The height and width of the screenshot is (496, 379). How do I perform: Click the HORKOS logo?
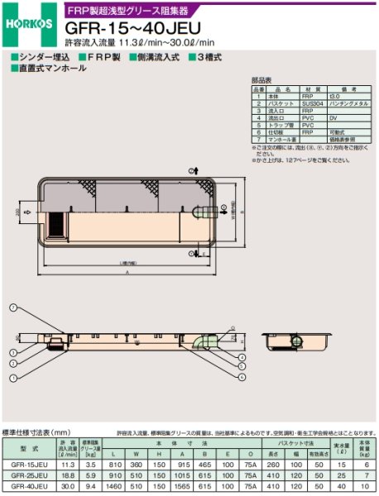tap(25, 23)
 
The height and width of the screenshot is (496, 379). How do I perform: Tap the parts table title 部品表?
tap(261, 80)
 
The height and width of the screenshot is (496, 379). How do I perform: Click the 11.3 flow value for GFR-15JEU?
tap(69, 465)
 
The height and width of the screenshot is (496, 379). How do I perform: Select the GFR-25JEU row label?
tap(28, 476)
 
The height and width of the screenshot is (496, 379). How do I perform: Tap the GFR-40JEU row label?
tap(28, 488)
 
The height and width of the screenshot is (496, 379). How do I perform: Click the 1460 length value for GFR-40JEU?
tap(117, 488)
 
